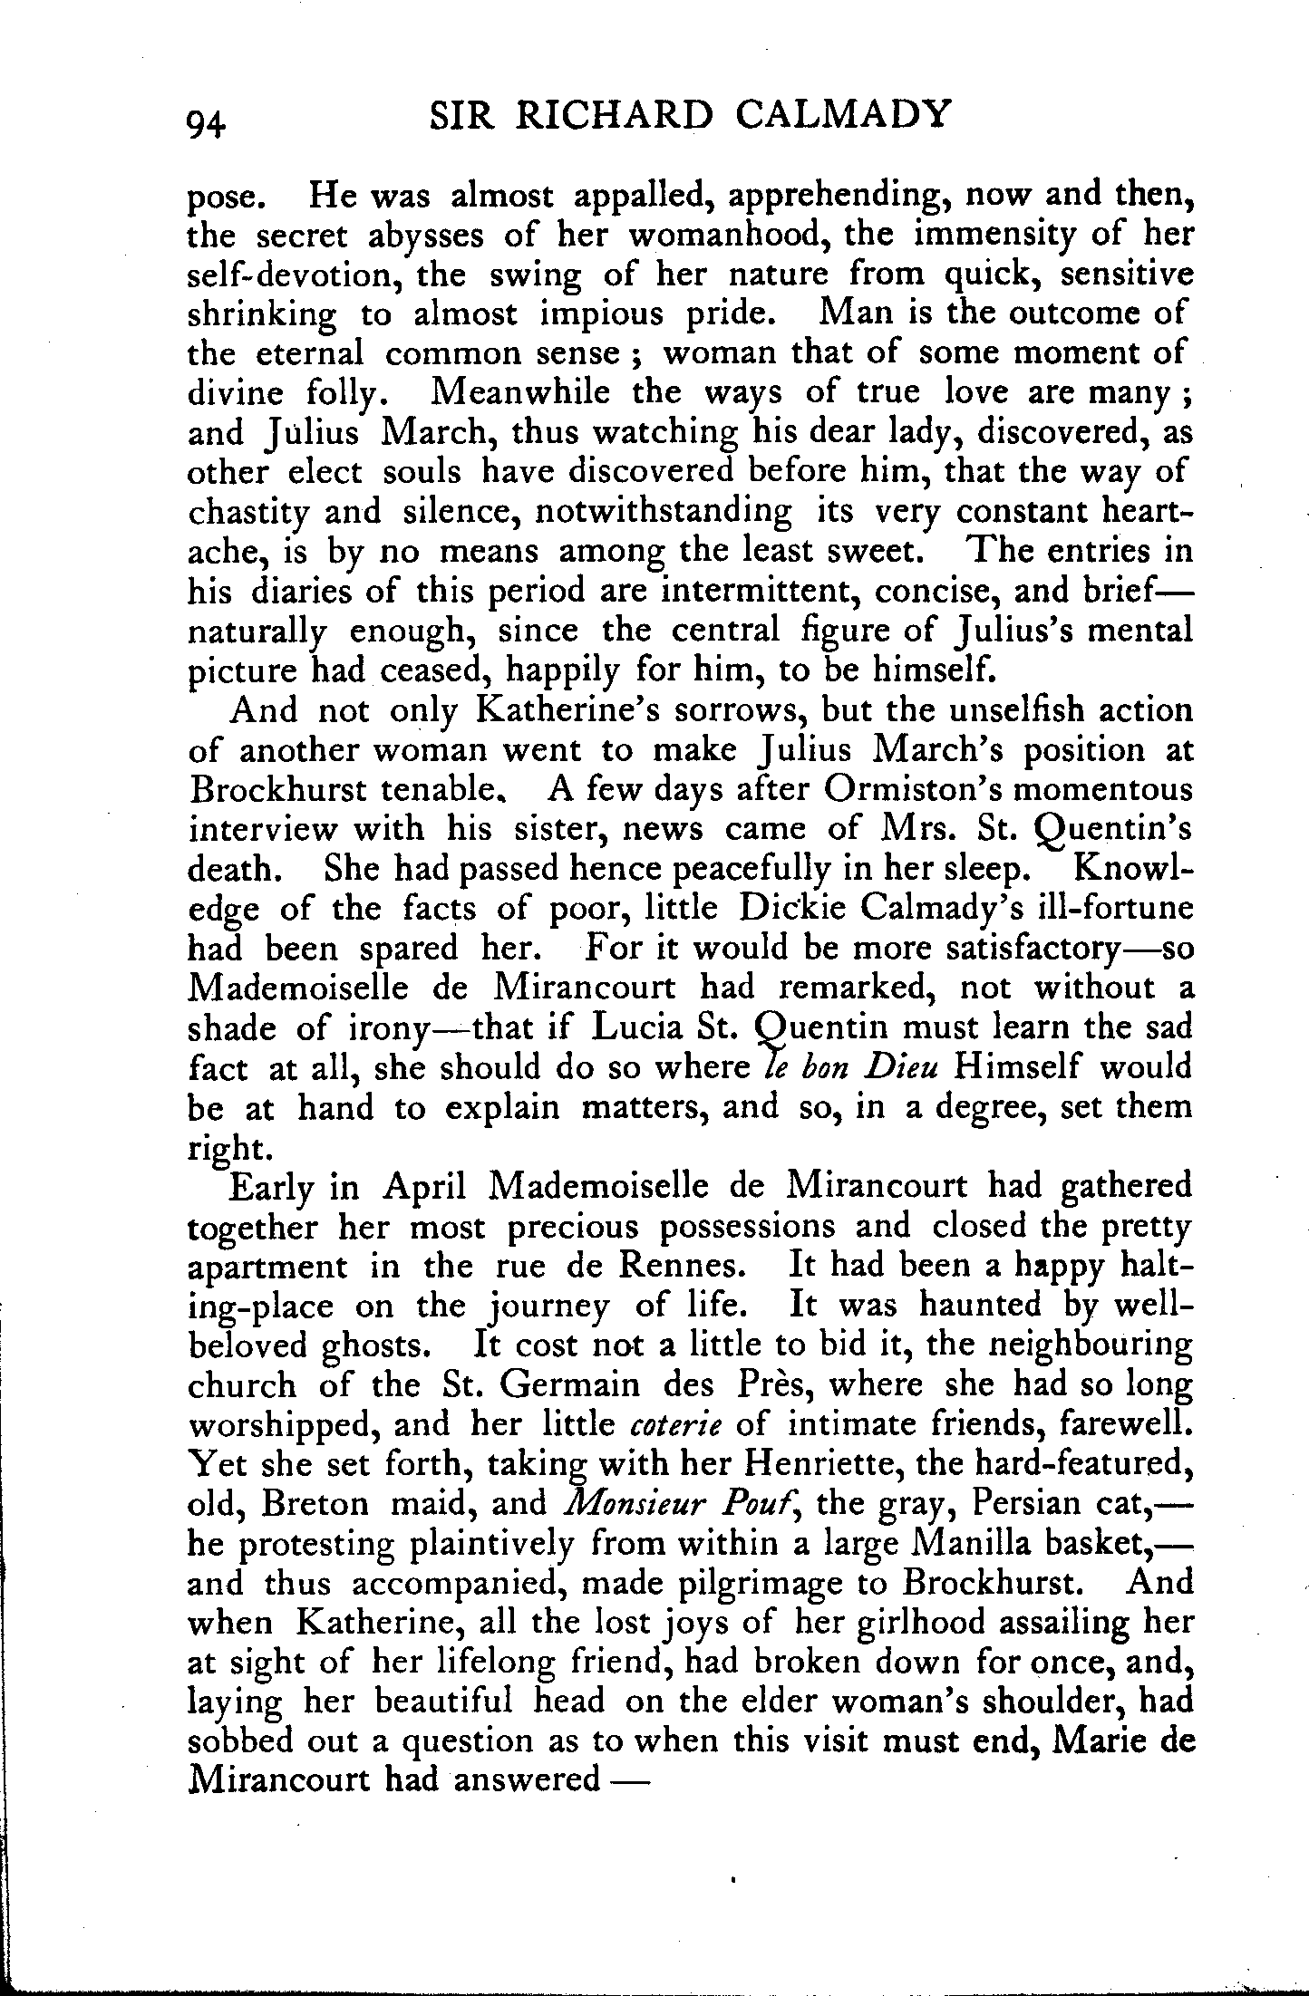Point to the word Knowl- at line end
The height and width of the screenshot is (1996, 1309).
(x=1133, y=868)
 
